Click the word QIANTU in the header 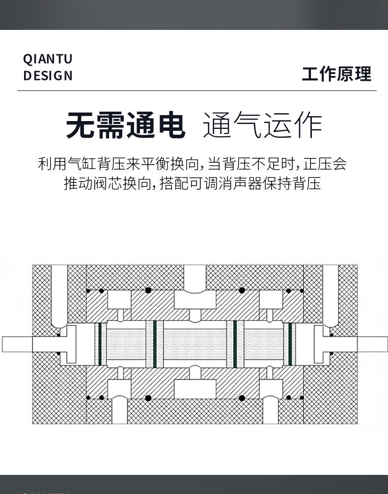pos(48,59)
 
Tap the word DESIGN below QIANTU pos(48,76)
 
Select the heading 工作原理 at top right pos(336,74)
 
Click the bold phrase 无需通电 pos(126,126)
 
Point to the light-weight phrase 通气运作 pos(262,126)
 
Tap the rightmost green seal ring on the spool pos(290,344)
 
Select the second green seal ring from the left pos(155,344)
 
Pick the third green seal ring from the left pos(235,344)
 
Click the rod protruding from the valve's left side pos(17,344)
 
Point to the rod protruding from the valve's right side pos(372,344)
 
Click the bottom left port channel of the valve pos(119,411)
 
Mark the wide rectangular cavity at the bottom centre pos(195,390)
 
